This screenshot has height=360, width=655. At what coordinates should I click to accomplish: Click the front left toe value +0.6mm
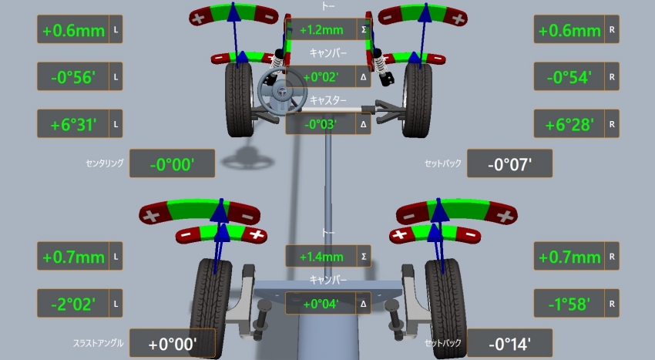tap(73, 31)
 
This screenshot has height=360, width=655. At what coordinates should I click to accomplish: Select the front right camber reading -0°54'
tap(569, 77)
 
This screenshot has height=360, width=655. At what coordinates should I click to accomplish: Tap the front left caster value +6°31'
tap(73, 125)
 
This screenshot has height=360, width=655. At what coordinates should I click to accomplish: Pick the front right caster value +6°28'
tap(569, 125)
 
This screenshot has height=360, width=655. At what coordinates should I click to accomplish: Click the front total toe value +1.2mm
tap(321, 30)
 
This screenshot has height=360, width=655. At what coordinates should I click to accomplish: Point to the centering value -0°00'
tap(172, 164)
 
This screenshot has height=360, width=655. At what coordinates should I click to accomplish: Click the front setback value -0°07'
tap(509, 164)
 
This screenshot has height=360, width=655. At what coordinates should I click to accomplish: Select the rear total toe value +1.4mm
tap(321, 257)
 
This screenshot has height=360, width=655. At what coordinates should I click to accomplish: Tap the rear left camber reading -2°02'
tap(73, 304)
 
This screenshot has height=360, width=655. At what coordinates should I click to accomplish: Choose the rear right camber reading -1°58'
tap(569, 304)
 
